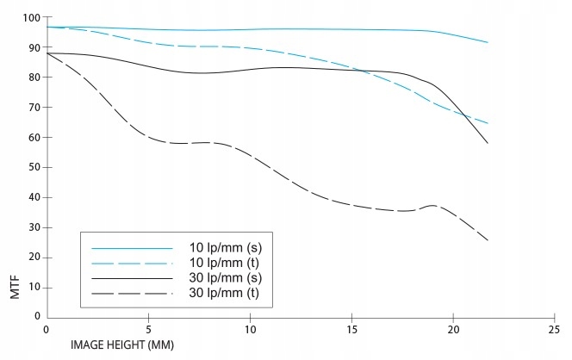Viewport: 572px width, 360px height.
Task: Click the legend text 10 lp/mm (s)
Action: (226, 247)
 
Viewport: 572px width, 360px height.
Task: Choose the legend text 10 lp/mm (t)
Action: (226, 263)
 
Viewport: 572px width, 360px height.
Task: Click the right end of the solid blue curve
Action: (488, 42)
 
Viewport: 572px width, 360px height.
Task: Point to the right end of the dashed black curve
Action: (488, 240)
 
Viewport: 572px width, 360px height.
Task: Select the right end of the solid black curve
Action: (488, 143)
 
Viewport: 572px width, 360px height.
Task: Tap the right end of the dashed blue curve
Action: (488, 123)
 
